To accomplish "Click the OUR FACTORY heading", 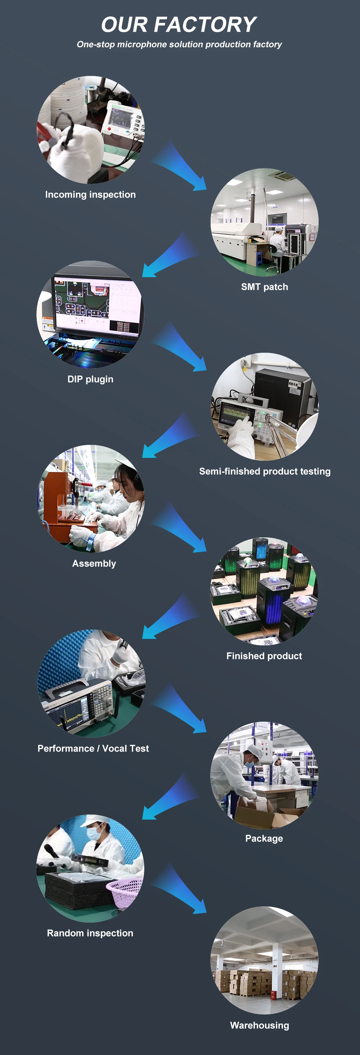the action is point(179,24).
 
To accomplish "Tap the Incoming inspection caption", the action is point(90,194).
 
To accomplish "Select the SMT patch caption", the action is point(264,287).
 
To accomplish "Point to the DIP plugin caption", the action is point(90,379).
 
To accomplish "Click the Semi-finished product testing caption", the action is point(265,472).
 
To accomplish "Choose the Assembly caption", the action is point(94,564).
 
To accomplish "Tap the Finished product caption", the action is point(264,656).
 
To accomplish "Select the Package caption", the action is point(264,838).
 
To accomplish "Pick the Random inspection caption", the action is point(90,933).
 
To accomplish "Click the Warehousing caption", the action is point(259,1025).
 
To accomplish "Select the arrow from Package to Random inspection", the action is point(170,799).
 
